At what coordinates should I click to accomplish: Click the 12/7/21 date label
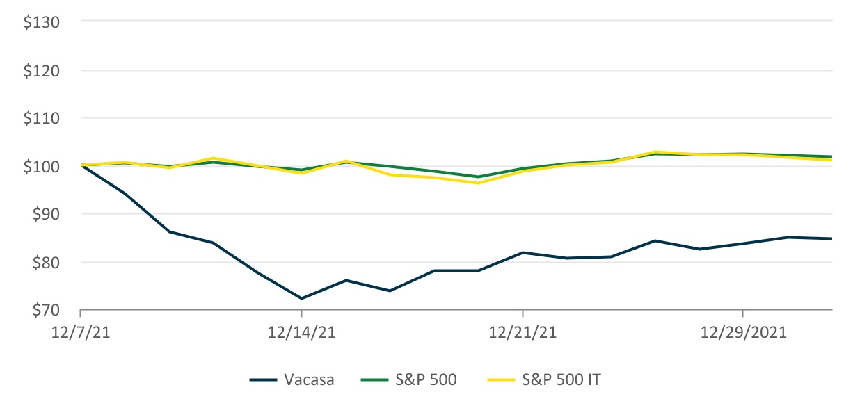(x=81, y=333)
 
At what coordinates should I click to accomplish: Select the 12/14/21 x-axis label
(x=301, y=333)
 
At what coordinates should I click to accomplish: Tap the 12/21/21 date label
(x=522, y=333)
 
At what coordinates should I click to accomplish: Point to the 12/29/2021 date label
(x=743, y=333)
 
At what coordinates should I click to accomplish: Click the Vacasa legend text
(x=308, y=380)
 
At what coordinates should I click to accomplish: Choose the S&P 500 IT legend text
(x=565, y=380)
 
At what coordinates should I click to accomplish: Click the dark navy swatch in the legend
(x=262, y=380)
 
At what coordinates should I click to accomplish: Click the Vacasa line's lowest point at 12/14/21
(x=301, y=298)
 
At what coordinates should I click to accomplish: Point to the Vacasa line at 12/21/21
(x=522, y=252)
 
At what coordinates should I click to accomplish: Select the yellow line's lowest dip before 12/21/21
(x=478, y=183)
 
